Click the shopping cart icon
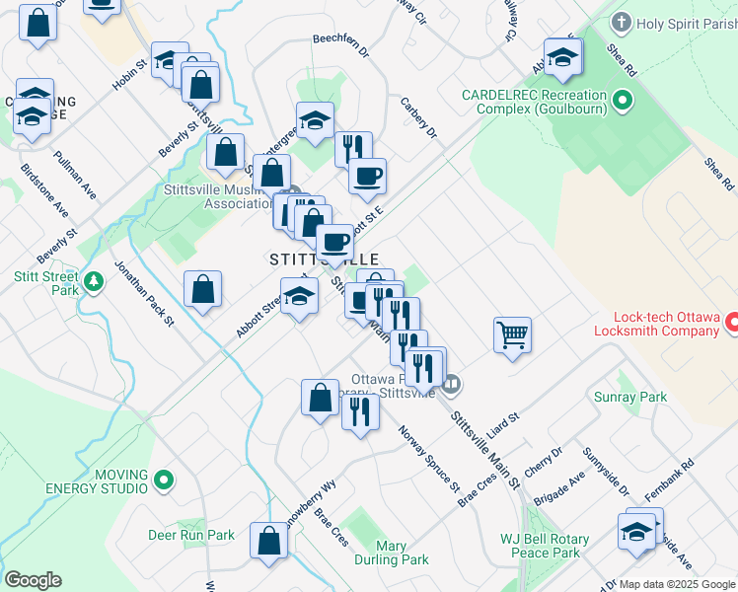(x=512, y=335)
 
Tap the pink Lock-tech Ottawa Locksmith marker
(x=732, y=322)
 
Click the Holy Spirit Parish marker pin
(x=622, y=21)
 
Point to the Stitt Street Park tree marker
(x=94, y=283)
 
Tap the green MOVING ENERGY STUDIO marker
(x=164, y=481)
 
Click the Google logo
(x=33, y=580)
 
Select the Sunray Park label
(x=630, y=398)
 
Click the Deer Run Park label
(x=191, y=536)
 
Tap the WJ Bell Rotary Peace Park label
(x=545, y=546)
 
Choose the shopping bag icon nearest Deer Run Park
(x=268, y=542)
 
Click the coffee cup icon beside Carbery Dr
(x=367, y=177)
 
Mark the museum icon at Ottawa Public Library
(x=452, y=383)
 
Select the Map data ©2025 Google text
(x=677, y=584)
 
